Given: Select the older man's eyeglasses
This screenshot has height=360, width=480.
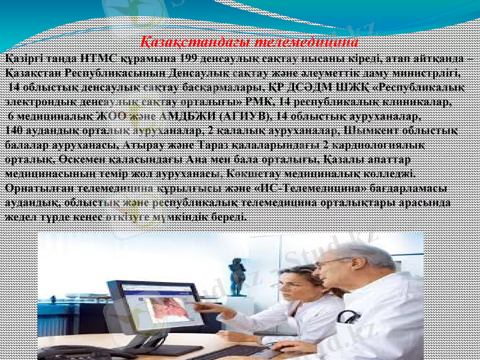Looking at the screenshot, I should [336, 262].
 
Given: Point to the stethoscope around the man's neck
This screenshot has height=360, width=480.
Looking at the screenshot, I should [347, 316].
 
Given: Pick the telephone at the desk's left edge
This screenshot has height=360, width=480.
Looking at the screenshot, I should [66, 351].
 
